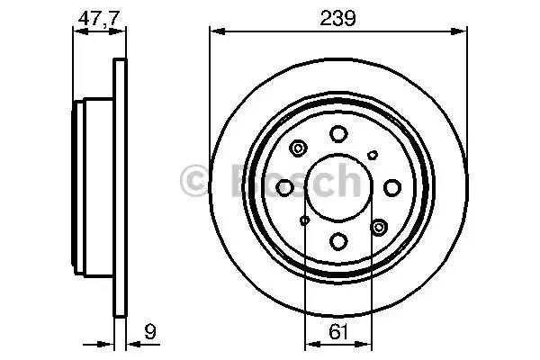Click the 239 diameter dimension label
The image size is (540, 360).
click(337, 18)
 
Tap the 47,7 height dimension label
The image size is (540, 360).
click(99, 18)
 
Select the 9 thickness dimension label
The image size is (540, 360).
click(150, 331)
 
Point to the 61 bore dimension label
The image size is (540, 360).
click(338, 332)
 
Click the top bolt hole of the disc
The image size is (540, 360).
click(338, 134)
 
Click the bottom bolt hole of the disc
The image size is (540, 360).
click(338, 241)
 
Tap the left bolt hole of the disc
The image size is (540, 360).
click(284, 188)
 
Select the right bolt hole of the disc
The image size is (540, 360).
click(392, 188)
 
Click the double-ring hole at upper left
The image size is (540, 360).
click(298, 148)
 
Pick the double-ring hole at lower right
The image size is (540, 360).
click(379, 227)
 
